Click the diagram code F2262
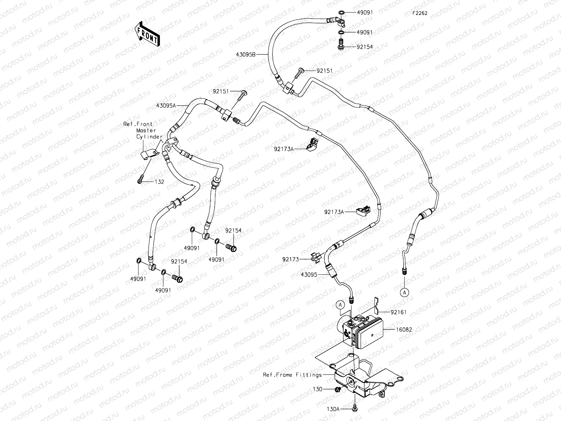pos(420,13)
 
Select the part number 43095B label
pos(246,54)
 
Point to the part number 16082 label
pos(404,330)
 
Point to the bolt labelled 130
pos(338,389)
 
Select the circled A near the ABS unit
pos(340,305)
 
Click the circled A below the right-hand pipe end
pos(404,292)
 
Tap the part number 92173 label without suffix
pos(291,259)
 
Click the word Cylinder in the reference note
pos(149,137)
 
